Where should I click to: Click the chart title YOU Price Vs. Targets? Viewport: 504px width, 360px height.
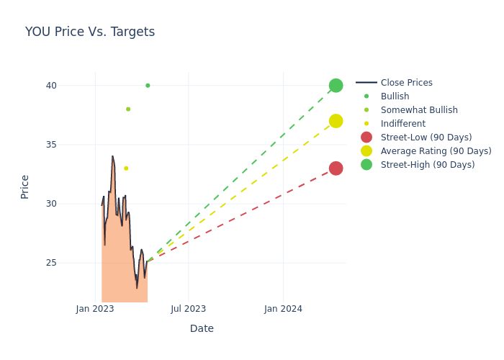point(90,32)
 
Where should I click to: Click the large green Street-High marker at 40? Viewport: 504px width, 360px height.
point(336,86)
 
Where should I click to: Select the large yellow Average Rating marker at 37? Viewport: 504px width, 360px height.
point(336,121)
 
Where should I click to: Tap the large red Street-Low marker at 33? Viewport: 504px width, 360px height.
point(336,168)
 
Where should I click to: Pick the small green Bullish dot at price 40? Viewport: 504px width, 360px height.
point(148,86)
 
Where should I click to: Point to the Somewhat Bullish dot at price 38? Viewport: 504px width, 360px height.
point(128,109)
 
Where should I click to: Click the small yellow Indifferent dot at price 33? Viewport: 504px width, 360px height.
point(126,168)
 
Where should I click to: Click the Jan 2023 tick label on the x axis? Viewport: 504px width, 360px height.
point(95,309)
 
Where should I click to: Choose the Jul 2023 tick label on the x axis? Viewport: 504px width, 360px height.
point(189,309)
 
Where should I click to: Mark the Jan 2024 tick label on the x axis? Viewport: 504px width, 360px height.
point(283,309)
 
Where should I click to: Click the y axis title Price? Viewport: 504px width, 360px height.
point(25,186)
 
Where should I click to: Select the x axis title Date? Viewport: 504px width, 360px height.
point(202,328)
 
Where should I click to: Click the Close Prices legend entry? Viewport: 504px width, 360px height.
point(406,83)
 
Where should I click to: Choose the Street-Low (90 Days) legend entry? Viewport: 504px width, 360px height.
point(426,138)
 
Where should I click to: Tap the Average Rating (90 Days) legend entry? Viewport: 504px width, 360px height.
point(436,151)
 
